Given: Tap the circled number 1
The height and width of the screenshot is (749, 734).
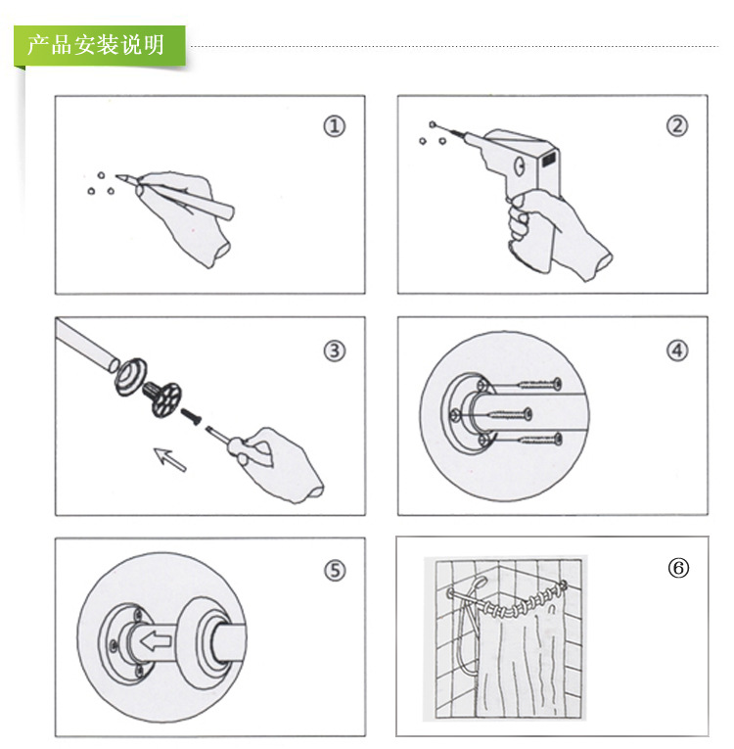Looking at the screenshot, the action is (x=335, y=126).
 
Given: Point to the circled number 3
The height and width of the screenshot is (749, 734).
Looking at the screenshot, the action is (x=335, y=351).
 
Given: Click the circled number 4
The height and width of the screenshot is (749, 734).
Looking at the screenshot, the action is (x=676, y=350).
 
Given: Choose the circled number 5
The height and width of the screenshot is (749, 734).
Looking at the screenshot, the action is (x=335, y=571).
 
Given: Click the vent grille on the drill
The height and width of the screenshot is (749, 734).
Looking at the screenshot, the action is (x=549, y=155).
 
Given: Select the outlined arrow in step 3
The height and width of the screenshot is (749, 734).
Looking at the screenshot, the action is (x=172, y=457).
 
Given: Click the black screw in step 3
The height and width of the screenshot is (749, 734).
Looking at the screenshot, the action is (x=191, y=416).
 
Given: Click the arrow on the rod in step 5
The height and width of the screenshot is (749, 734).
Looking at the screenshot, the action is (x=156, y=641).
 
